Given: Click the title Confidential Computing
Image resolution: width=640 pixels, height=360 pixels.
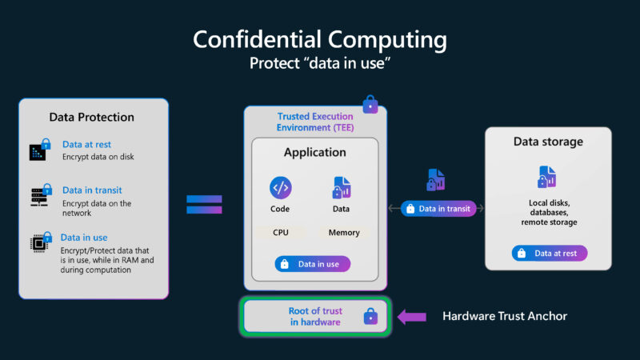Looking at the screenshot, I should [320, 39].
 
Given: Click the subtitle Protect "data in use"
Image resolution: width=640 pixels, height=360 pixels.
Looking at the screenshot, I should [320, 63].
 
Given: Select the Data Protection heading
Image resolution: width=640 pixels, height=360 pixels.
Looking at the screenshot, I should [91, 117].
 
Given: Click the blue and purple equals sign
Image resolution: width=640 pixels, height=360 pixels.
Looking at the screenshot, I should [204, 204].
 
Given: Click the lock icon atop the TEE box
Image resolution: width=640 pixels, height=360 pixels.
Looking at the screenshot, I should [370, 104].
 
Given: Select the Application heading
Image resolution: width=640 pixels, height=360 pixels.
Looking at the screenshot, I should [315, 152].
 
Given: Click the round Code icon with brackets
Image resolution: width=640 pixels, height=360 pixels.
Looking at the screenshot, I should [281, 188].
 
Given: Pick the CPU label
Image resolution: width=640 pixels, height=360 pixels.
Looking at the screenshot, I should [281, 233].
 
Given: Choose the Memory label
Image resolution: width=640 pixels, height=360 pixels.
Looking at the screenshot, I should [343, 233].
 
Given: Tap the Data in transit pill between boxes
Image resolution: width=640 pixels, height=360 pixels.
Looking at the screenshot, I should [439, 209].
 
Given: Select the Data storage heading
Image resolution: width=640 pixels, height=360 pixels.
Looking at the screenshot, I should [548, 142].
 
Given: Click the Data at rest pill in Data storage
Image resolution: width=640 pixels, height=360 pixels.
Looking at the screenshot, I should [550, 254].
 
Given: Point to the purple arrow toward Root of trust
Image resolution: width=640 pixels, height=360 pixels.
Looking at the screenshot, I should [413, 316].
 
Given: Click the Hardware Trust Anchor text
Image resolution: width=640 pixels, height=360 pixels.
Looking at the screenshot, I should [505, 316].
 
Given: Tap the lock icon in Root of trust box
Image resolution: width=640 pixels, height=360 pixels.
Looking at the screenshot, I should [370, 317].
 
